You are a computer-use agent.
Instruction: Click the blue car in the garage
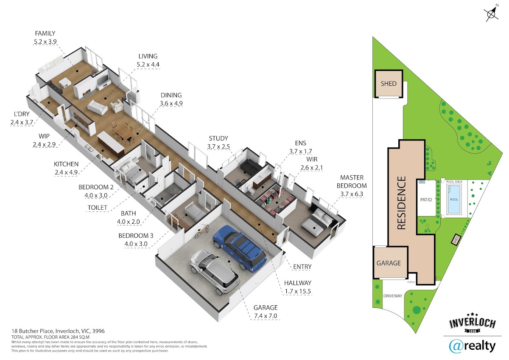coord(240,249)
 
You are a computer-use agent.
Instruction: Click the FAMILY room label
coord(45,34)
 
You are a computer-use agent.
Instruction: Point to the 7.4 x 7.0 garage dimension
coord(266,316)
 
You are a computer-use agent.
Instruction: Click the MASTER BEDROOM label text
coord(352,181)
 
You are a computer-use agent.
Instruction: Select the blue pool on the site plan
coord(454,199)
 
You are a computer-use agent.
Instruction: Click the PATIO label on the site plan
coord(426,200)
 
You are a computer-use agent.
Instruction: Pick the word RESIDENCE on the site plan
coord(401,203)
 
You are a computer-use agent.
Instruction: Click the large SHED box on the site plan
coord(389,84)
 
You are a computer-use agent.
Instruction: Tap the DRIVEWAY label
coord(393,296)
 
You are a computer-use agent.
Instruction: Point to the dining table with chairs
coord(123,133)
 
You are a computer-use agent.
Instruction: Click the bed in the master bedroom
coord(317,222)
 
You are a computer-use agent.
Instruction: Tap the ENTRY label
coord(302,267)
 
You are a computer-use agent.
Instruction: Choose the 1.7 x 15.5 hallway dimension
coord(298,291)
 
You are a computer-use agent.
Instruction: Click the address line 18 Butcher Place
coord(58,331)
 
